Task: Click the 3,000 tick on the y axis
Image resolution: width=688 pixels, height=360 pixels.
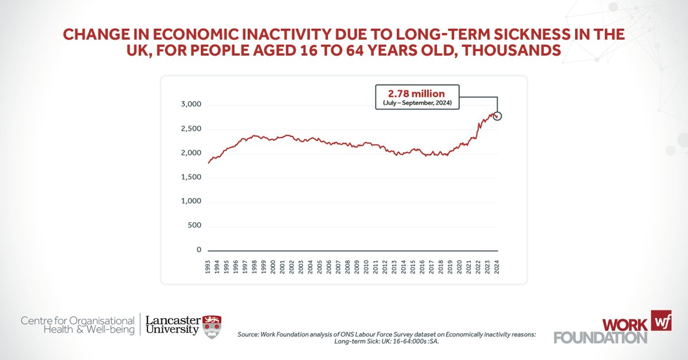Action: point(190,104)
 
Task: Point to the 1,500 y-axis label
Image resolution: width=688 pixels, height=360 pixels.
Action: point(190,177)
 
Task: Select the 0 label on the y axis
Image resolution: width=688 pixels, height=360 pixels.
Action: point(199,250)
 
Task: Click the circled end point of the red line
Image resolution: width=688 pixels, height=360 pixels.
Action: point(497,116)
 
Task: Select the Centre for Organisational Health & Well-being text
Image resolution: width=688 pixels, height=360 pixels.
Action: point(78,325)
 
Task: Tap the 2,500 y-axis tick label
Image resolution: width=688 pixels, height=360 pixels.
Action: point(190,128)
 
